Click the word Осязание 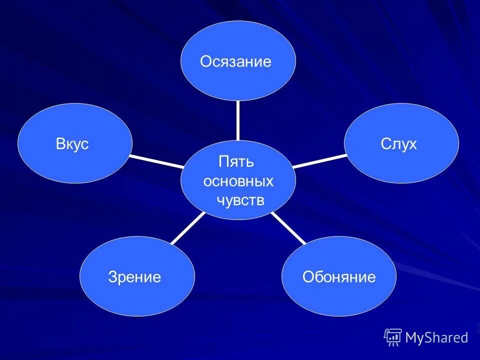coord(235,61)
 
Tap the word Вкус coord(72,144)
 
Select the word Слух coord(398,144)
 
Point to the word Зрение coord(134,277)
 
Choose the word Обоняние coord(339,277)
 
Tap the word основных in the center coord(238,181)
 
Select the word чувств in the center coord(239,200)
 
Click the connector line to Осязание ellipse coord(238,120)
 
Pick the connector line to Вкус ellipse coord(156,161)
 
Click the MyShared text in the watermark coord(436,338)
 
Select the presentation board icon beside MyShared coord(393,337)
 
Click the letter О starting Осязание coord(205,61)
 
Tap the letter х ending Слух coord(412,145)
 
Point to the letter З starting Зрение coord(112,277)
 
